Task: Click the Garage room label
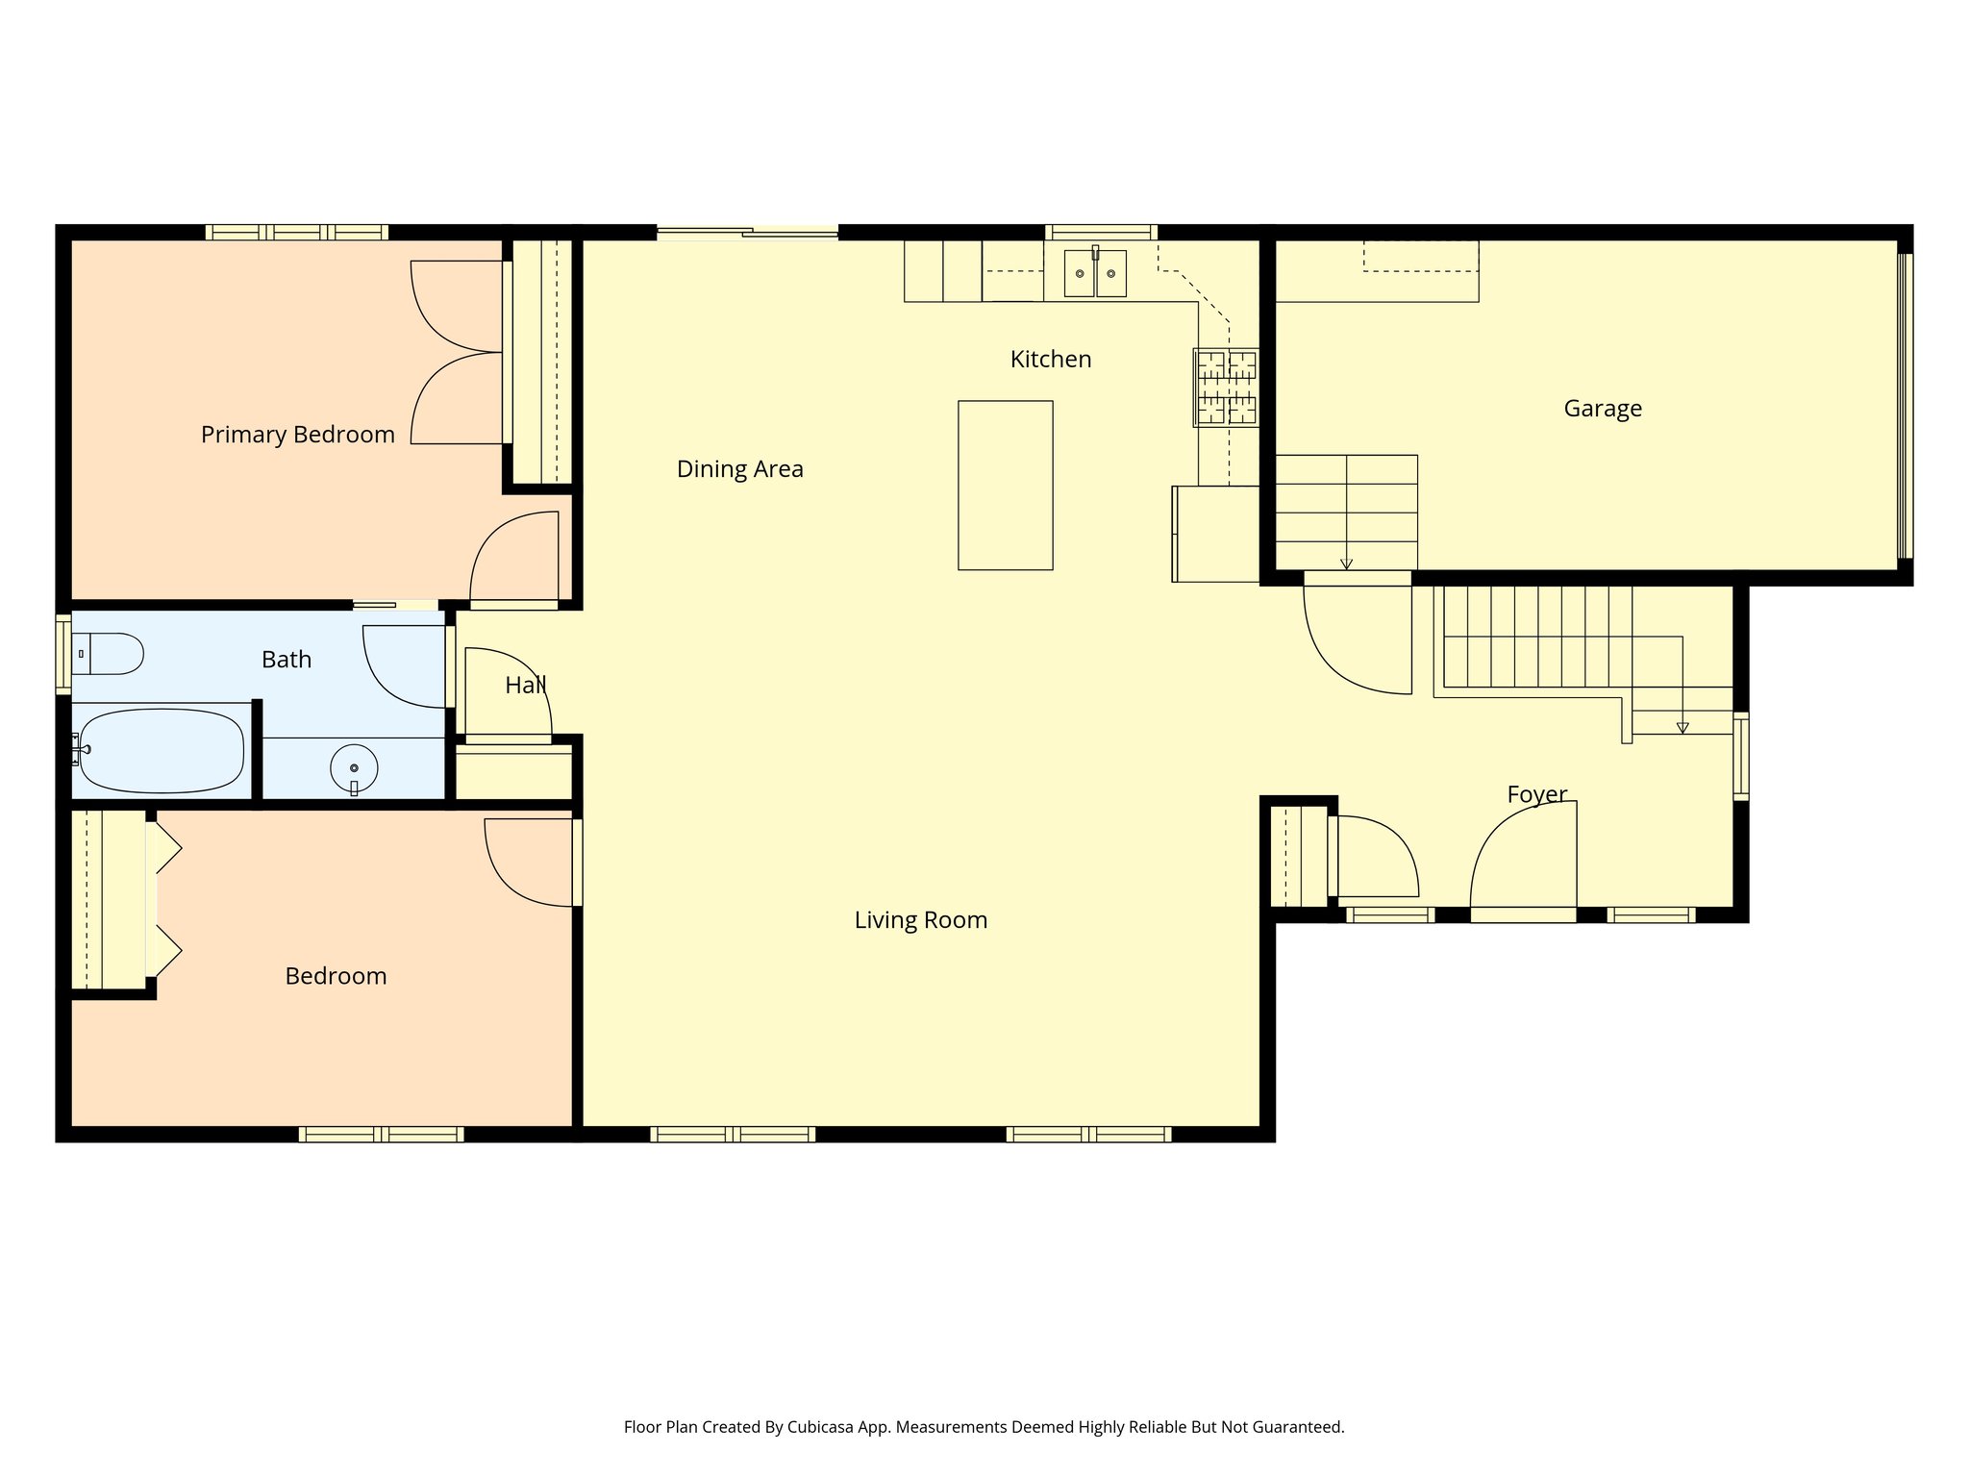tap(1602, 409)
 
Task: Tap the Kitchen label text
tap(1050, 360)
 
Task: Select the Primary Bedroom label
tap(297, 435)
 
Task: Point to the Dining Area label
tap(739, 469)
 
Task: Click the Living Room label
tap(920, 920)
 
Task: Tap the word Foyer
tap(1536, 794)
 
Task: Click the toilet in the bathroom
tap(108, 654)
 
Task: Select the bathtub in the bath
tap(161, 751)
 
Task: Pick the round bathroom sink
tap(354, 768)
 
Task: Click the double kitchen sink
tap(1095, 273)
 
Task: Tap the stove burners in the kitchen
tap(1226, 388)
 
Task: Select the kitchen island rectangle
tap(1005, 486)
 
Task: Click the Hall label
tap(525, 686)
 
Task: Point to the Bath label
tap(287, 660)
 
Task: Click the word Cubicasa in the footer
tap(823, 1427)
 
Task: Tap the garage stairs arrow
tap(1346, 563)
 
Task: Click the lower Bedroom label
tap(336, 976)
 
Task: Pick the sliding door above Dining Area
tap(747, 232)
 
